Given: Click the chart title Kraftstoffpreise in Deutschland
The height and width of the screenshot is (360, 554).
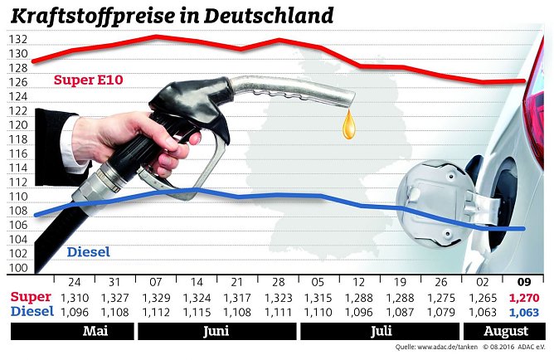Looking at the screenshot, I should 173,16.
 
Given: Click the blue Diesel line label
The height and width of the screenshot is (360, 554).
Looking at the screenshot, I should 86,252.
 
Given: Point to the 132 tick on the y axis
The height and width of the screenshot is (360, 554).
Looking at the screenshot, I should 19,40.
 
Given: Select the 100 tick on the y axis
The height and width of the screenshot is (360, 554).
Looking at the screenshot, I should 19,268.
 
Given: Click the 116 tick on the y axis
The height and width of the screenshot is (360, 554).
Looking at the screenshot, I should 19,154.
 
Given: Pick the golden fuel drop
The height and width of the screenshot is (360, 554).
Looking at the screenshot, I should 352,124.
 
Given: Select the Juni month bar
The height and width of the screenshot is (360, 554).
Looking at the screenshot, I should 216,332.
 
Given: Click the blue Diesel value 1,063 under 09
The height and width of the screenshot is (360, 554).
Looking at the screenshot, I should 524,312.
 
